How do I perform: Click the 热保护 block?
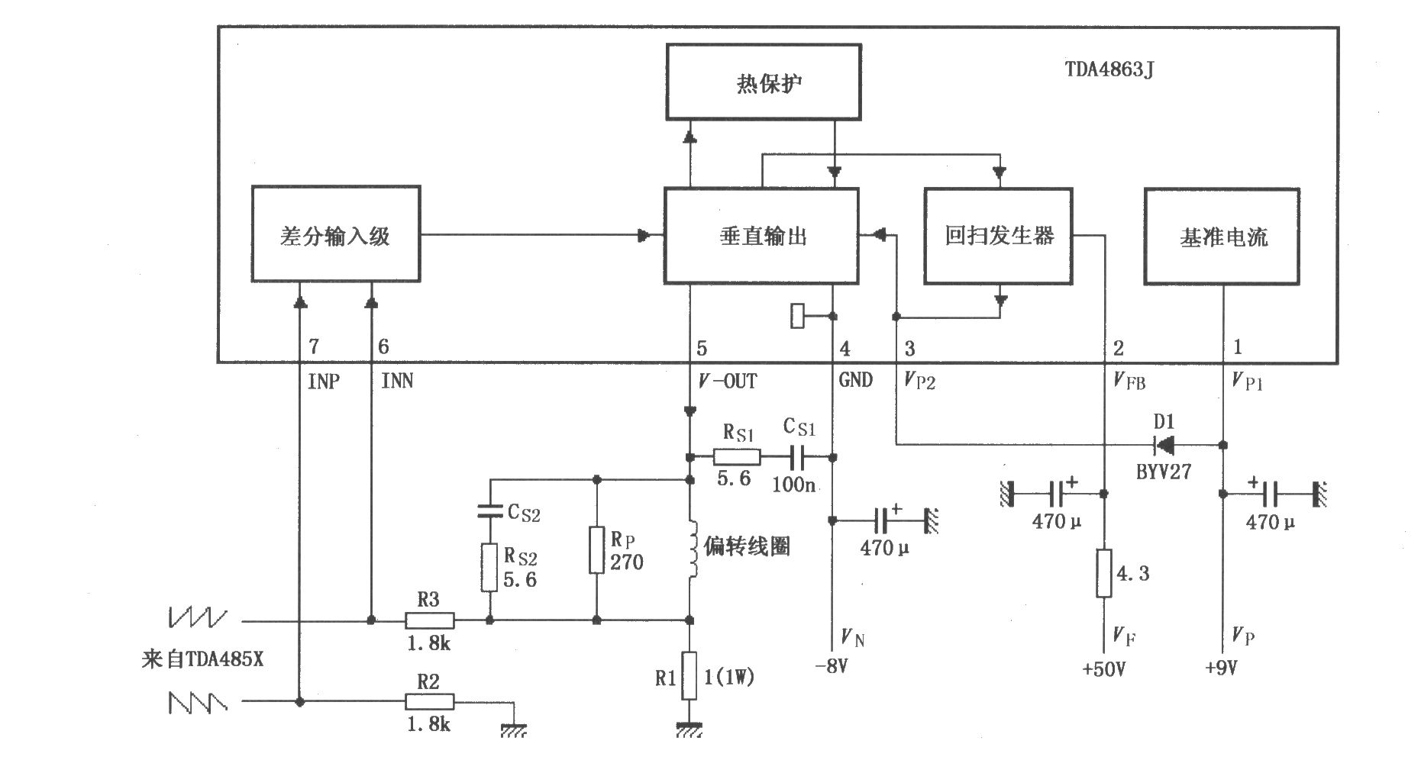click(x=764, y=82)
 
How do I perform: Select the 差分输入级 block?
click(x=336, y=234)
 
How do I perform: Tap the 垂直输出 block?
click(x=761, y=236)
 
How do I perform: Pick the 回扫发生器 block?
click(x=999, y=236)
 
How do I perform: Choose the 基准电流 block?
click(x=1222, y=237)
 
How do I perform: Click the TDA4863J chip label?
click(x=1109, y=70)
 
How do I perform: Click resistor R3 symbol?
click(x=429, y=620)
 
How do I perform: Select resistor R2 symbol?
click(x=429, y=701)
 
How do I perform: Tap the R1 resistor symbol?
click(x=690, y=675)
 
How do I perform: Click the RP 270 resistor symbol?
click(x=596, y=549)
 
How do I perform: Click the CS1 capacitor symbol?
click(x=800, y=456)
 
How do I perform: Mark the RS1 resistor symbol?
click(x=737, y=457)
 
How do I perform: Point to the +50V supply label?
click(x=1104, y=669)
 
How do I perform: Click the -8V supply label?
click(x=832, y=666)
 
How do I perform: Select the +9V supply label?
click(x=1221, y=668)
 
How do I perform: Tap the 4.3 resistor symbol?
click(x=1104, y=572)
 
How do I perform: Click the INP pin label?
click(x=324, y=381)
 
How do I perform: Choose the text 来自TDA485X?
click(x=202, y=659)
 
